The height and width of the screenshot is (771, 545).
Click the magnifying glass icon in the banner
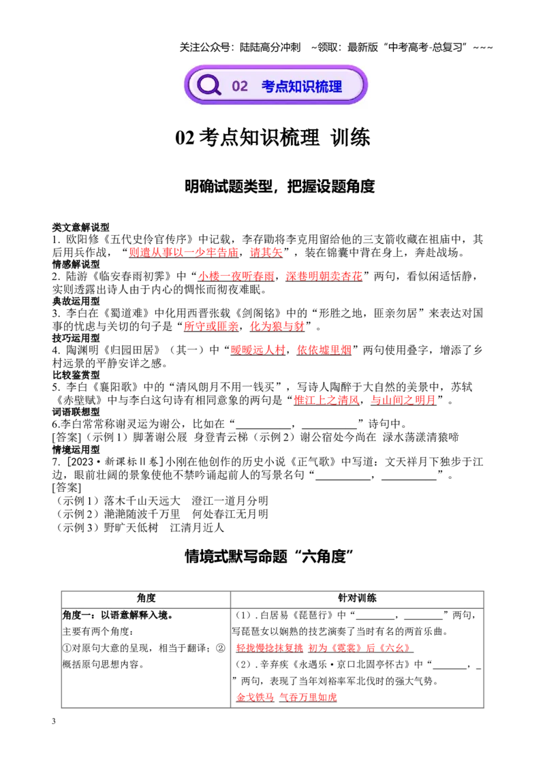click(209, 85)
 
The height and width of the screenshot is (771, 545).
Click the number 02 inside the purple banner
click(240, 86)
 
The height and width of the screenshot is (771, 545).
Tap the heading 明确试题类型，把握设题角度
click(279, 187)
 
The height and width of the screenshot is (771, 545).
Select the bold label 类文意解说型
click(80, 227)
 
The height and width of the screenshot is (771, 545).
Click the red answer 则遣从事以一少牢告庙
click(183, 253)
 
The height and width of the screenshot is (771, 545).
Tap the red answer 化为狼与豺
click(277, 326)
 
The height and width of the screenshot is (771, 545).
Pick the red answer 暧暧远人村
click(258, 350)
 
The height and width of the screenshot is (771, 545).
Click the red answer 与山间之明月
click(403, 400)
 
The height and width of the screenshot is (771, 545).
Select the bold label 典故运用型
click(76, 301)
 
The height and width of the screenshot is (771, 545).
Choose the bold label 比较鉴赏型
click(76, 375)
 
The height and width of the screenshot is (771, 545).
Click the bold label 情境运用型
click(76, 450)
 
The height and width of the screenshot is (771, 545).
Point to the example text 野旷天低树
click(131, 528)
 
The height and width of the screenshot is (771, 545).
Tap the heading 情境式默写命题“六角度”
click(270, 556)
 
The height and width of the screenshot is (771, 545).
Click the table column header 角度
click(146, 598)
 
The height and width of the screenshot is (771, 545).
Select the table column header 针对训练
click(357, 598)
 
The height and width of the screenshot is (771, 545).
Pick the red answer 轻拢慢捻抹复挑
click(270, 648)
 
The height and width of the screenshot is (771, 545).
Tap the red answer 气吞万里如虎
click(308, 697)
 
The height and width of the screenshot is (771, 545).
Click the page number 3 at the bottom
click(54, 721)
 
